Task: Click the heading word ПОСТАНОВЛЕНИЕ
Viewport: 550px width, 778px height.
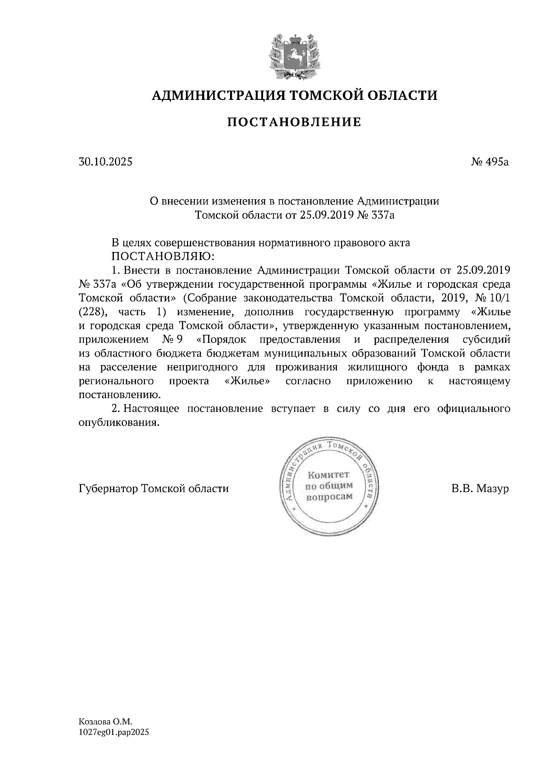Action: coord(294,122)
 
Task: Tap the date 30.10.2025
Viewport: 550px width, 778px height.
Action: coord(105,162)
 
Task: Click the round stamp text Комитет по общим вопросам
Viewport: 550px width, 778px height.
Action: coord(329,486)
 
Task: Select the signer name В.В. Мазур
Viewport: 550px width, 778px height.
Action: coord(480,489)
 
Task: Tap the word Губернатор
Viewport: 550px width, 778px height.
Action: coord(109,489)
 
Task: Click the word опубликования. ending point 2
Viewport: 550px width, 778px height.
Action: coord(120,423)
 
